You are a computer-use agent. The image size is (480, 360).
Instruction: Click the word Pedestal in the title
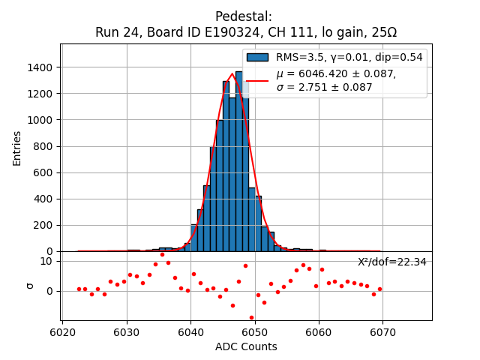click(x=243, y=16)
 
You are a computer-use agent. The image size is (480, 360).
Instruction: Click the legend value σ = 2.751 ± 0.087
click(x=324, y=87)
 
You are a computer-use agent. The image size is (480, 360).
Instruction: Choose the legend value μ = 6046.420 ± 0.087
click(x=336, y=73)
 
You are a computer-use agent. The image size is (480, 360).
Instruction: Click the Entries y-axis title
click(x=17, y=148)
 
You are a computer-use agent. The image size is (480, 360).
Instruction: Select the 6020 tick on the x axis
click(x=62, y=331)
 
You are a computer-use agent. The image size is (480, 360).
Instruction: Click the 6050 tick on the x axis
click(x=255, y=331)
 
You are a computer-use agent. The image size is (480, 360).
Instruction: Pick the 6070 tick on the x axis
click(x=382, y=331)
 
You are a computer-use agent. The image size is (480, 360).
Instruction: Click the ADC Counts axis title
click(x=246, y=346)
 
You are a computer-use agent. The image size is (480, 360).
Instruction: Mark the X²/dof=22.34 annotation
click(x=391, y=262)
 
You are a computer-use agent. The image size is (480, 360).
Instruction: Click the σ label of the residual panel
click(x=30, y=285)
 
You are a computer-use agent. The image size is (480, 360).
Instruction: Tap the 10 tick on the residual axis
click(x=46, y=261)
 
